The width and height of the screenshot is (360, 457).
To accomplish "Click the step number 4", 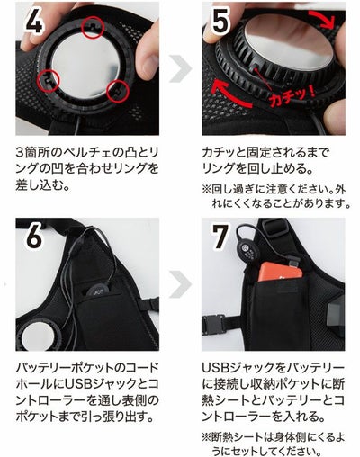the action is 34,22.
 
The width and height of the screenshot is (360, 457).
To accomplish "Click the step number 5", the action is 220,22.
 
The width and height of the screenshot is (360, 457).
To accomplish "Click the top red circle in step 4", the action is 93,27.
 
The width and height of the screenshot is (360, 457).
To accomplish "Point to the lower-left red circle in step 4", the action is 49,80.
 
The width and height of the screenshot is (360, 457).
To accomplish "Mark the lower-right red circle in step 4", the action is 118,91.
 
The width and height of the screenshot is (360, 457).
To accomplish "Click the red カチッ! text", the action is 292,96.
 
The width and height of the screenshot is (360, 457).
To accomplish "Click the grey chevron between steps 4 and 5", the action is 181,68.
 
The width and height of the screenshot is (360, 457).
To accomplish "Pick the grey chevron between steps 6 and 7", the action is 181,284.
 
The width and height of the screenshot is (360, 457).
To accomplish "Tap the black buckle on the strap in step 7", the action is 213,325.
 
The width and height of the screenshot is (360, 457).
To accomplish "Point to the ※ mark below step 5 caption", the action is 207,190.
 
